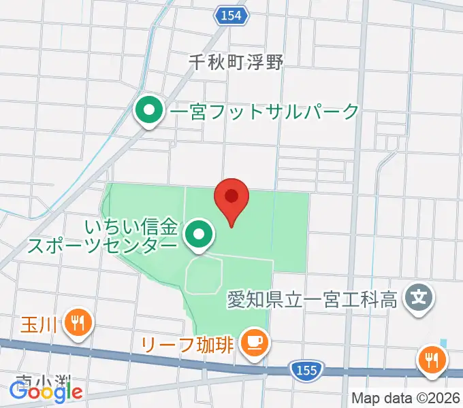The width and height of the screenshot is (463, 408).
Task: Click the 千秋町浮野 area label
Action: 236,61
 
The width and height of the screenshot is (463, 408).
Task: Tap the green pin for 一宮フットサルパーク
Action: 148,111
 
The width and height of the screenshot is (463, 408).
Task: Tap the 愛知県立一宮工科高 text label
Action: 313,299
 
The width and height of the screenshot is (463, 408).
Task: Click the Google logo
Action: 45,391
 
